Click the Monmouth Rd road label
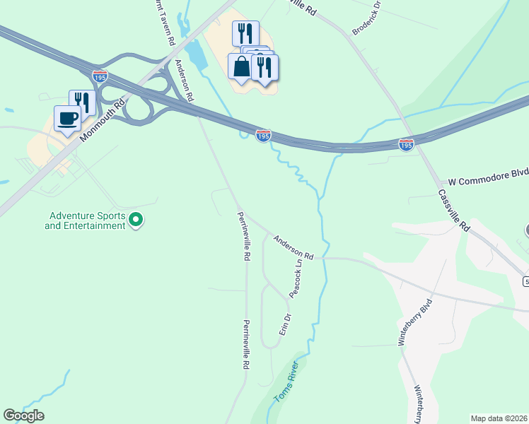point(102,119)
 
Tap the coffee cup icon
point(67,119)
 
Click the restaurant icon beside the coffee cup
point(82,102)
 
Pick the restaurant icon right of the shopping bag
point(264,67)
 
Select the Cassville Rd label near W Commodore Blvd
point(453,211)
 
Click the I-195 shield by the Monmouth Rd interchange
point(100,76)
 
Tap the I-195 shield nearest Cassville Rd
point(406,144)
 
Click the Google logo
point(23,416)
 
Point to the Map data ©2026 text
point(499,418)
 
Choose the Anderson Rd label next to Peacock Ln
point(293,247)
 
